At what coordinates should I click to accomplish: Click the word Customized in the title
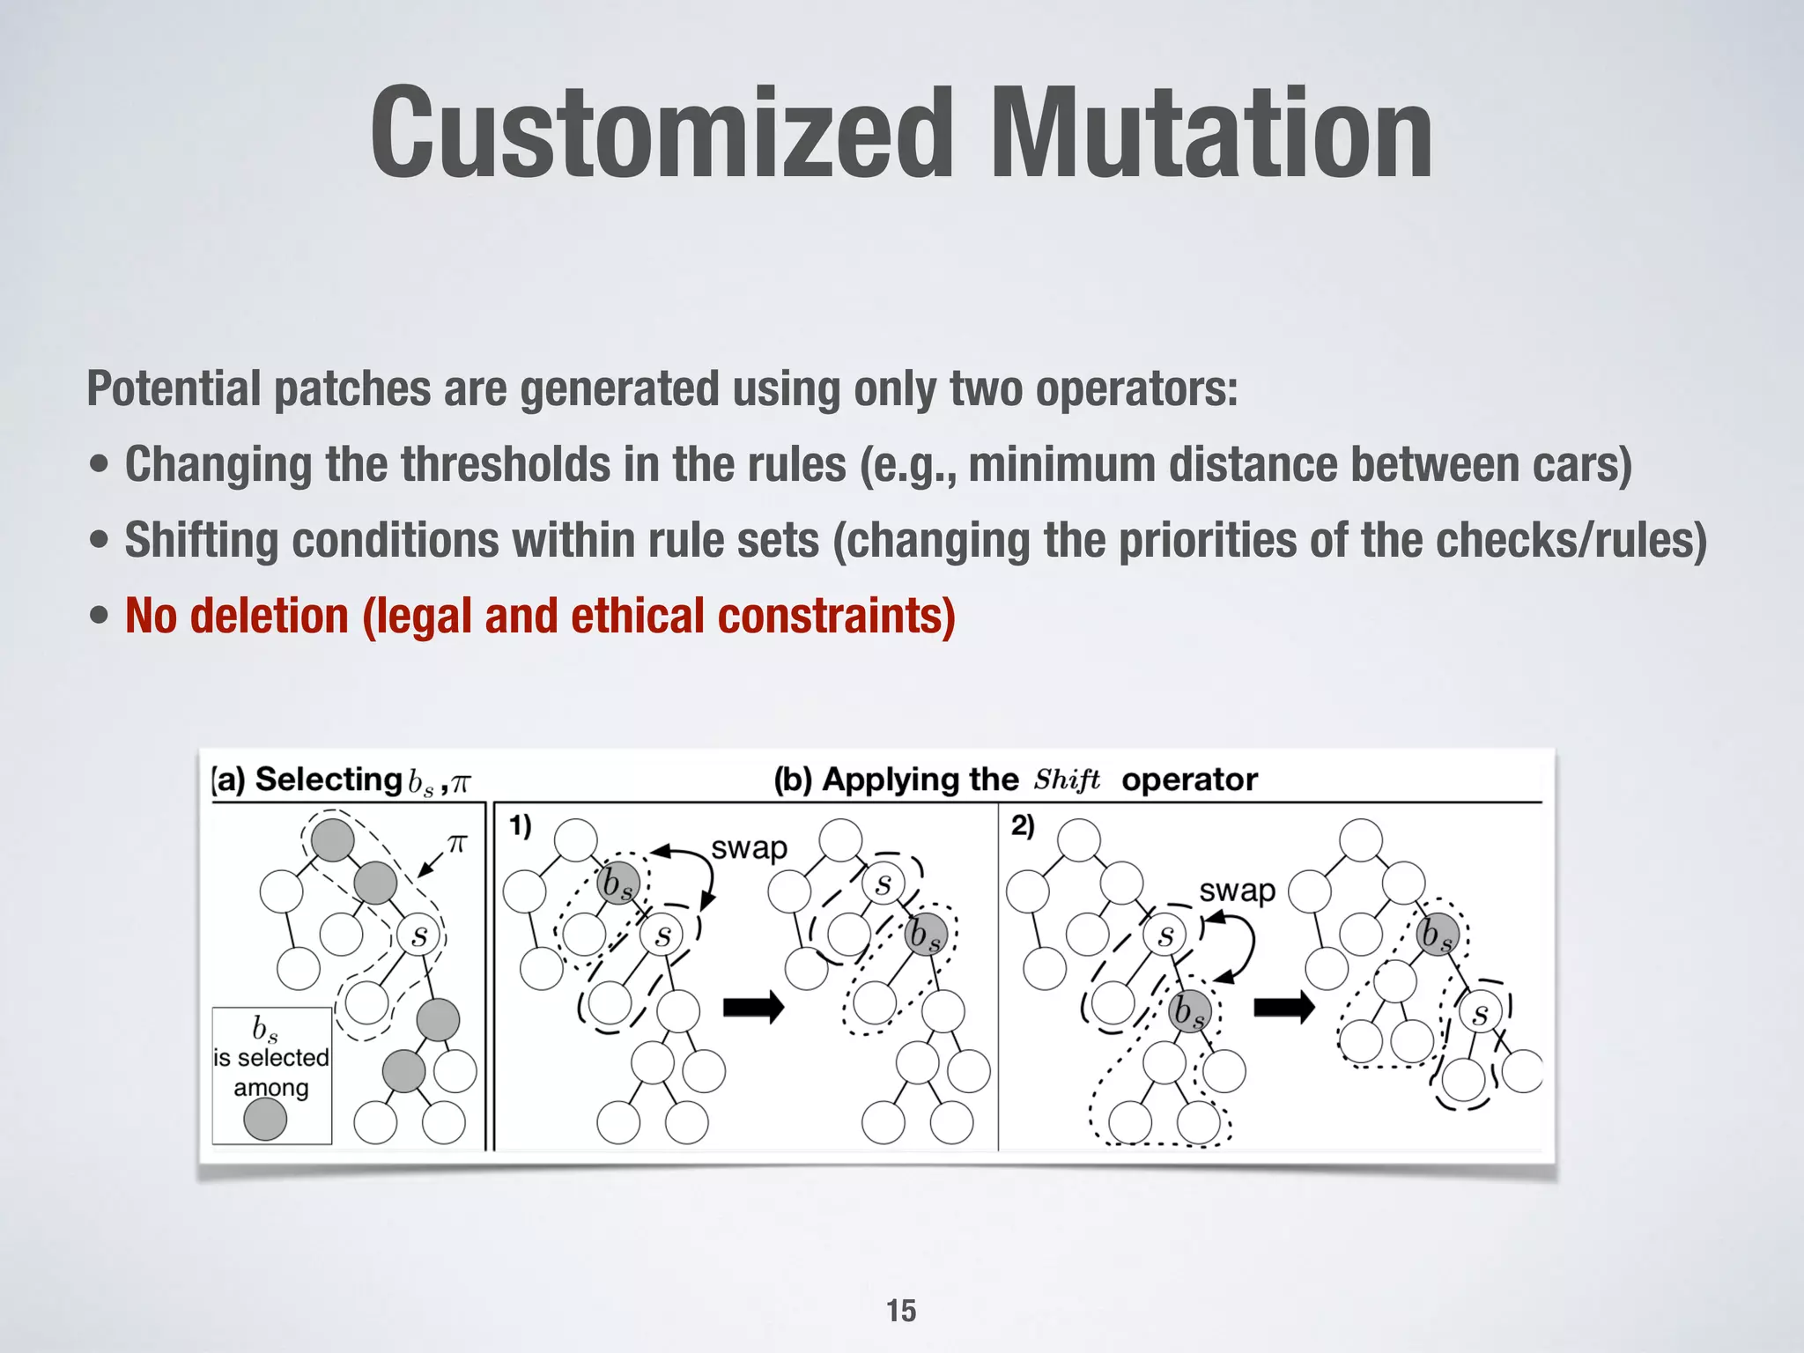662,134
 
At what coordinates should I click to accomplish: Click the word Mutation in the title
1210,134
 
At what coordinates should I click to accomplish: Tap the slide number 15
901,1311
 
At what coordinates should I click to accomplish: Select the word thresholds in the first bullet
506,464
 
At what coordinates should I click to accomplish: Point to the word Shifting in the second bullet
201,540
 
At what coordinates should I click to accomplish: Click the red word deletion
269,616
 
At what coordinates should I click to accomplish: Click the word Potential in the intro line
174,388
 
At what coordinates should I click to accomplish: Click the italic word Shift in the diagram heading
1067,780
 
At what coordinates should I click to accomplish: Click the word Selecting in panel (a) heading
328,780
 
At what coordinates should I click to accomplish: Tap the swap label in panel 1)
749,847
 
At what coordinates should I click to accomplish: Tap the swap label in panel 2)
1237,891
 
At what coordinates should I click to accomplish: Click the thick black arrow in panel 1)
753,1006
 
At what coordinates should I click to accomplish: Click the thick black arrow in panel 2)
1283,1006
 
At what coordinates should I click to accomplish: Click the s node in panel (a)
419,935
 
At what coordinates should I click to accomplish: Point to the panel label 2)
1022,826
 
